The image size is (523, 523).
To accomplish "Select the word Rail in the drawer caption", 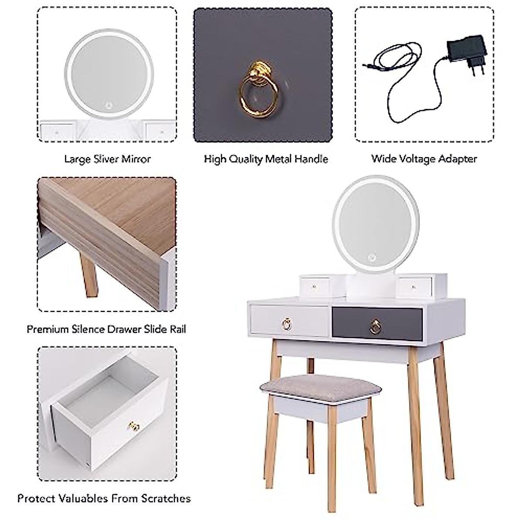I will pos(177,329).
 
